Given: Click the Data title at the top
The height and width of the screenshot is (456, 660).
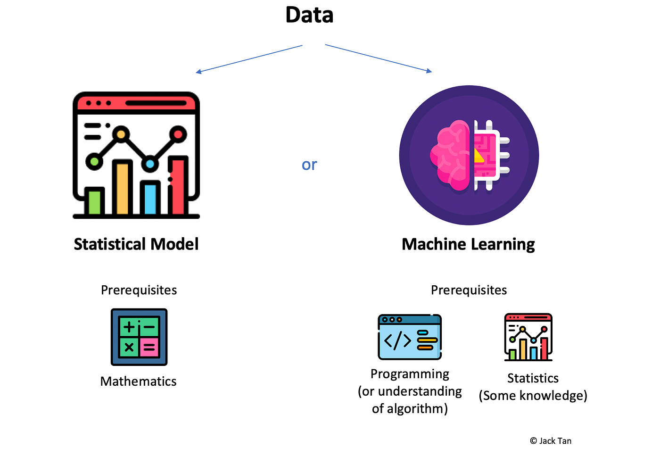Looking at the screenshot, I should click(309, 15).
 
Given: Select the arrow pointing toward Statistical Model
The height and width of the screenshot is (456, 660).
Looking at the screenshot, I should click(249, 59).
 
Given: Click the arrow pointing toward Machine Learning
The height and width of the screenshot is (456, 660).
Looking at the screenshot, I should click(378, 58).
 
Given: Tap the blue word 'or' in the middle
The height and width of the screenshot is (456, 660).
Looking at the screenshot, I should click(309, 165).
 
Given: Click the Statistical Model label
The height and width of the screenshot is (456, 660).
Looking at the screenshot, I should click(136, 244).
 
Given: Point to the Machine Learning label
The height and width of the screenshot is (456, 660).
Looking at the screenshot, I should click(468, 244).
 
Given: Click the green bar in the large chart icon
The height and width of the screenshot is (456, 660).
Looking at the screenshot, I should click(95, 201).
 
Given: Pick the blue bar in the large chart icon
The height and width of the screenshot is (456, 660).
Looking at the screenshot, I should click(150, 198).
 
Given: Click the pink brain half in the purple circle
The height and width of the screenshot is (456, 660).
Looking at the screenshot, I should click(450, 156).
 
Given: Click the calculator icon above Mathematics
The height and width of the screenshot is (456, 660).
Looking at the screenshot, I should click(139, 337).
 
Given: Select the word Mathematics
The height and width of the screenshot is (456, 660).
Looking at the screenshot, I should click(138, 381).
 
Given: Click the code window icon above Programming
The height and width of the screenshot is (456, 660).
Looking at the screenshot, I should click(410, 337).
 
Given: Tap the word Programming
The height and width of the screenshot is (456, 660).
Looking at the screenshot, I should click(410, 374).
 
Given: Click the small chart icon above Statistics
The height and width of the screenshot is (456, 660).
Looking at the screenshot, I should click(528, 337).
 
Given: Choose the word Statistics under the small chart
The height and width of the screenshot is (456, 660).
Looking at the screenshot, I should click(533, 378).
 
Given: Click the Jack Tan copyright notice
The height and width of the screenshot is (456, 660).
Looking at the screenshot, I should click(551, 441).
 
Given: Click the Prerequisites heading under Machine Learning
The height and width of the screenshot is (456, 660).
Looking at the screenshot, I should click(469, 290).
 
